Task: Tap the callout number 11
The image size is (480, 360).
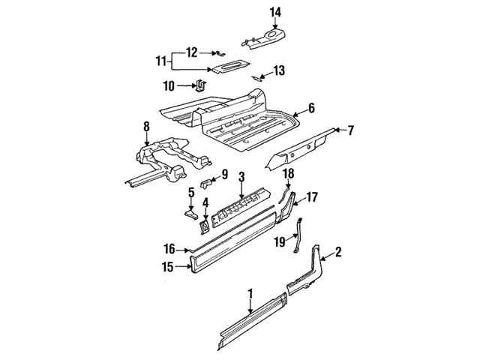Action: point(160,60)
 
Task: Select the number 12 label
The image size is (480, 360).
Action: point(192,52)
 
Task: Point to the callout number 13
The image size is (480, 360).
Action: point(279,70)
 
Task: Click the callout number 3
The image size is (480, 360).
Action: point(241,178)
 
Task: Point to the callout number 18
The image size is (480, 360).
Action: point(289,174)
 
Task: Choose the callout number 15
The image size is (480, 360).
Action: point(168,265)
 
